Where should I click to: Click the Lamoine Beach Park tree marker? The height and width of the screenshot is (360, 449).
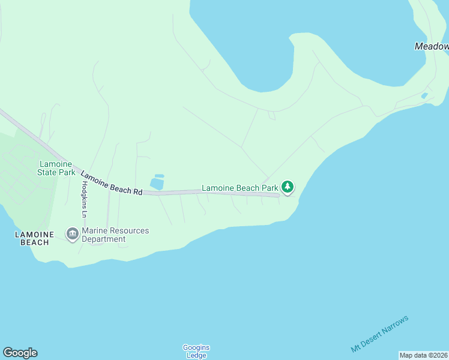[288, 187]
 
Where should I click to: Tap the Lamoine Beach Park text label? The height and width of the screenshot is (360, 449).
[240, 188]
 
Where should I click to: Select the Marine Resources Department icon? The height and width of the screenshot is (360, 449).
[73, 234]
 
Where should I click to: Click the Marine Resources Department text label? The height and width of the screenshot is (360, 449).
[115, 235]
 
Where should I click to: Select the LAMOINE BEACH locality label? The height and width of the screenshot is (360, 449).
[34, 238]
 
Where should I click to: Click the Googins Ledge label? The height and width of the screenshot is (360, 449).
[196, 351]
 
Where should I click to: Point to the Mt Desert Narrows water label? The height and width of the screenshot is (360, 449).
[379, 334]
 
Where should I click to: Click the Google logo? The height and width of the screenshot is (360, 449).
[20, 353]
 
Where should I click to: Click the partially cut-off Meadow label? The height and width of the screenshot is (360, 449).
[432, 46]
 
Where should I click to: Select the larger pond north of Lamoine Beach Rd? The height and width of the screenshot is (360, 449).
[157, 184]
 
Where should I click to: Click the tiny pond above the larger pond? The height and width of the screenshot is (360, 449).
[159, 175]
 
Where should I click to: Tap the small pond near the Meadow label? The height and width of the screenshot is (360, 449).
[424, 95]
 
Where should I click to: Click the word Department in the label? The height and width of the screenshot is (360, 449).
[104, 239]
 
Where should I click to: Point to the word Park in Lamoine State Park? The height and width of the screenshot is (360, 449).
[67, 172]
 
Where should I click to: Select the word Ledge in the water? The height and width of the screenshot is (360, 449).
[196, 355]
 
